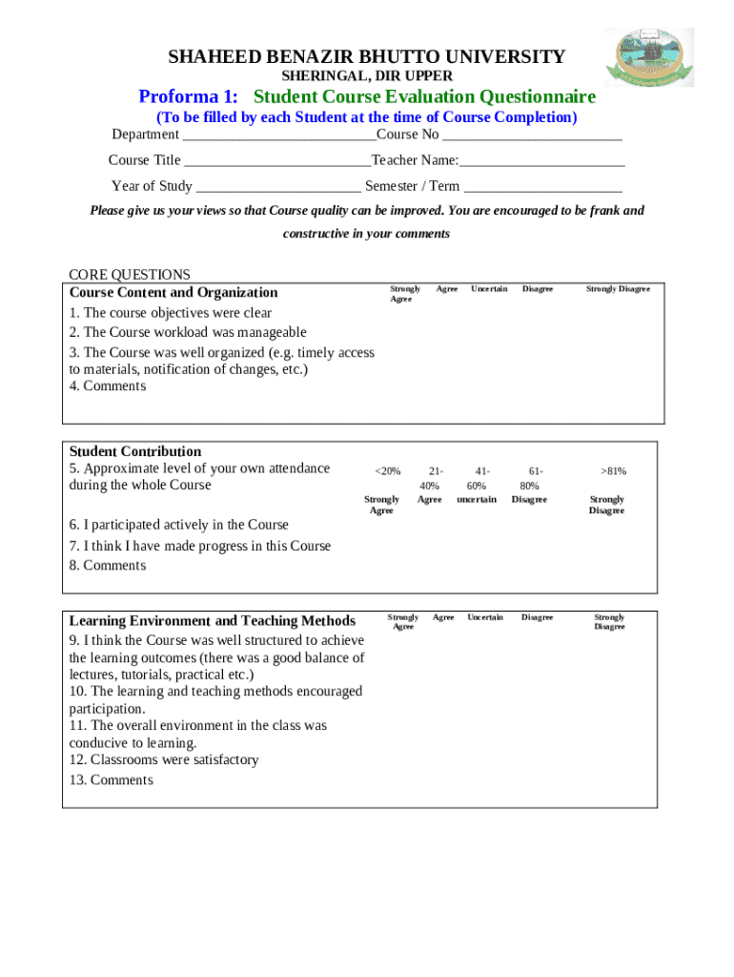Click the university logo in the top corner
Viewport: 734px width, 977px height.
click(649, 57)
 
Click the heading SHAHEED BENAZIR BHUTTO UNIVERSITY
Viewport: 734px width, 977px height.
click(367, 57)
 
